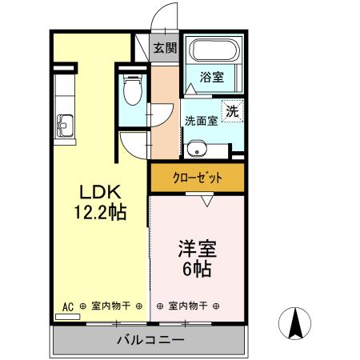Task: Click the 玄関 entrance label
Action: (166, 48)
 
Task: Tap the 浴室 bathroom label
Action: (212, 78)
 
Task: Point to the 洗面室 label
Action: (201, 121)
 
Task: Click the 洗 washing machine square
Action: (231, 113)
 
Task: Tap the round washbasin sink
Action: (198, 148)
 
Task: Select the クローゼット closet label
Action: (197, 178)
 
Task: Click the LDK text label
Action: (98, 193)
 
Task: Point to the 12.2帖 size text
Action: (98, 212)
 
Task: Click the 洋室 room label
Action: (196, 249)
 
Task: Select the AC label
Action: (68, 306)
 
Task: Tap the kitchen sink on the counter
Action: (64, 125)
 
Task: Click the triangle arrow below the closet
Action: (206, 202)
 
